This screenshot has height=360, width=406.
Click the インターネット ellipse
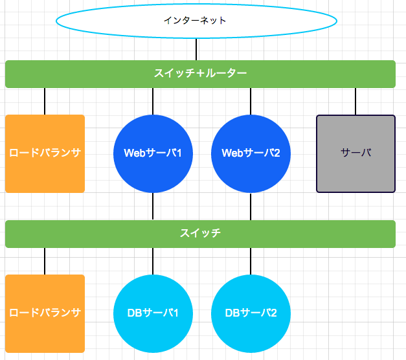(x=196, y=20)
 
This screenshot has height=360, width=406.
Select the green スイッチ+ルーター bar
(x=200, y=74)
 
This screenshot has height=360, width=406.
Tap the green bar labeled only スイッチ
(x=200, y=234)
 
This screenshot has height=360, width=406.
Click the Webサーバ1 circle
(x=153, y=153)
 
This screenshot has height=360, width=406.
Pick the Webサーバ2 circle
(x=251, y=153)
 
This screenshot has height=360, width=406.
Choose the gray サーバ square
(x=355, y=153)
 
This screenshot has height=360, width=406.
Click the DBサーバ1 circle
(x=153, y=313)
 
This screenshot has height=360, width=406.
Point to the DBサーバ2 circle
(x=251, y=313)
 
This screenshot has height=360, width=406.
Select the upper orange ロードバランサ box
(x=45, y=153)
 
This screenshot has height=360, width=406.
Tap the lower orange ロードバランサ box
(x=45, y=313)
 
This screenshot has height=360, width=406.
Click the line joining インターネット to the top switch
(x=196, y=49)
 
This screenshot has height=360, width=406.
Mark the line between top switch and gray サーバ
(x=355, y=101)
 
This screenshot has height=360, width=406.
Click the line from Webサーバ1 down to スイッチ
(x=153, y=207)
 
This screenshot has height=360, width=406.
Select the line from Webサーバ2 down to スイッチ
(x=251, y=207)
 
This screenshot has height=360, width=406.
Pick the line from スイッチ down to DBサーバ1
(x=153, y=261)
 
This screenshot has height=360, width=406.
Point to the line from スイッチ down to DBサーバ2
(x=251, y=261)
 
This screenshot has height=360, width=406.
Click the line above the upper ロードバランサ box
(x=45, y=101)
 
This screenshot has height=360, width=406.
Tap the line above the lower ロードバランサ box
(x=45, y=261)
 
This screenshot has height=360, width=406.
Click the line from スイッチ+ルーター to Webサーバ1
(x=153, y=101)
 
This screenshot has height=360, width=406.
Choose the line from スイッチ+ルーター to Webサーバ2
(x=251, y=101)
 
